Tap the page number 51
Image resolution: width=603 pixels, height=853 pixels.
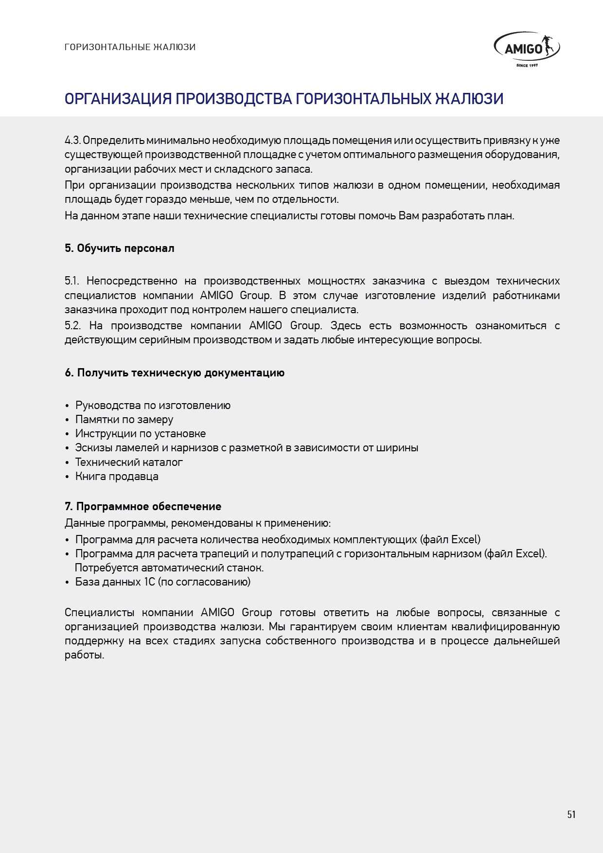pyautogui.click(x=571, y=814)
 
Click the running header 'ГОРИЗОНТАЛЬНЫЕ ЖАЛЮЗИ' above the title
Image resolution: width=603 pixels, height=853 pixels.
pyautogui.click(x=130, y=47)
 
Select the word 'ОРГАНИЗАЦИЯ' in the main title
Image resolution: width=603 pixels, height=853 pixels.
pyautogui.click(x=118, y=99)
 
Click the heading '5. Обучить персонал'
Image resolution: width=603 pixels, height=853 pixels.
pyautogui.click(x=119, y=248)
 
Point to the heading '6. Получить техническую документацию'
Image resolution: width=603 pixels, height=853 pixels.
pyautogui.click(x=175, y=373)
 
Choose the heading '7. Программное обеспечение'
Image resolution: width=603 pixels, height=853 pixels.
pyautogui.click(x=143, y=506)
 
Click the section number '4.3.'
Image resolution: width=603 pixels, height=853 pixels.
pyautogui.click(x=72, y=141)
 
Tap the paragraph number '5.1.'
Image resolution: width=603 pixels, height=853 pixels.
pyautogui.click(x=71, y=281)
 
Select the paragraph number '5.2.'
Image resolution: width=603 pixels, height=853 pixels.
pyautogui.click(x=72, y=326)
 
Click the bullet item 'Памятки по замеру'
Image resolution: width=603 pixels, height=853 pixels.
pyautogui.click(x=124, y=419)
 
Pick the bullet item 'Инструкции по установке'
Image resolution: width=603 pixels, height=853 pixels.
pyautogui.click(x=140, y=433)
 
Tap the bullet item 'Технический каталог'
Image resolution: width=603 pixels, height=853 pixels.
pyautogui.click(x=129, y=462)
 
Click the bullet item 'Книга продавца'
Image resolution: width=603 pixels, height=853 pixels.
pyautogui.click(x=117, y=476)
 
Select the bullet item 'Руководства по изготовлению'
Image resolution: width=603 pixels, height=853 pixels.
pyautogui.click(x=153, y=405)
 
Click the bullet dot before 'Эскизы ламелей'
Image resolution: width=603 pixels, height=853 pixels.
pyautogui.click(x=67, y=448)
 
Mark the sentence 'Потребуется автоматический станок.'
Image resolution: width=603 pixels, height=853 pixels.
pyautogui.click(x=169, y=568)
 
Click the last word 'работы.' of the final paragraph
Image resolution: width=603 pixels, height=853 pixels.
pyautogui.click(x=84, y=655)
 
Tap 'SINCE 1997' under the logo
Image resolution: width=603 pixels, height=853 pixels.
pyautogui.click(x=527, y=65)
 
